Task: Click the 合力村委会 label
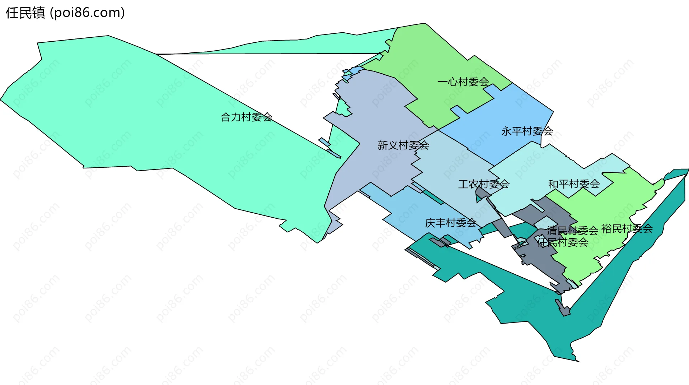click(x=246, y=117)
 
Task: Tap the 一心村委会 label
click(x=463, y=82)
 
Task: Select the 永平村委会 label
click(x=527, y=131)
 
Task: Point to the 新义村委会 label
click(x=403, y=145)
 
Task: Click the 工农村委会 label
click(x=483, y=184)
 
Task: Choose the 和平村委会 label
click(x=574, y=184)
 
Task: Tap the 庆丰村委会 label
click(x=450, y=223)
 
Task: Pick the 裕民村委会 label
click(x=627, y=228)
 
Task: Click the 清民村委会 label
click(x=572, y=230)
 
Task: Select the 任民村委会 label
click(x=562, y=242)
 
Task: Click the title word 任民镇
click(x=25, y=13)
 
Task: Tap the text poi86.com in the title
click(x=87, y=13)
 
